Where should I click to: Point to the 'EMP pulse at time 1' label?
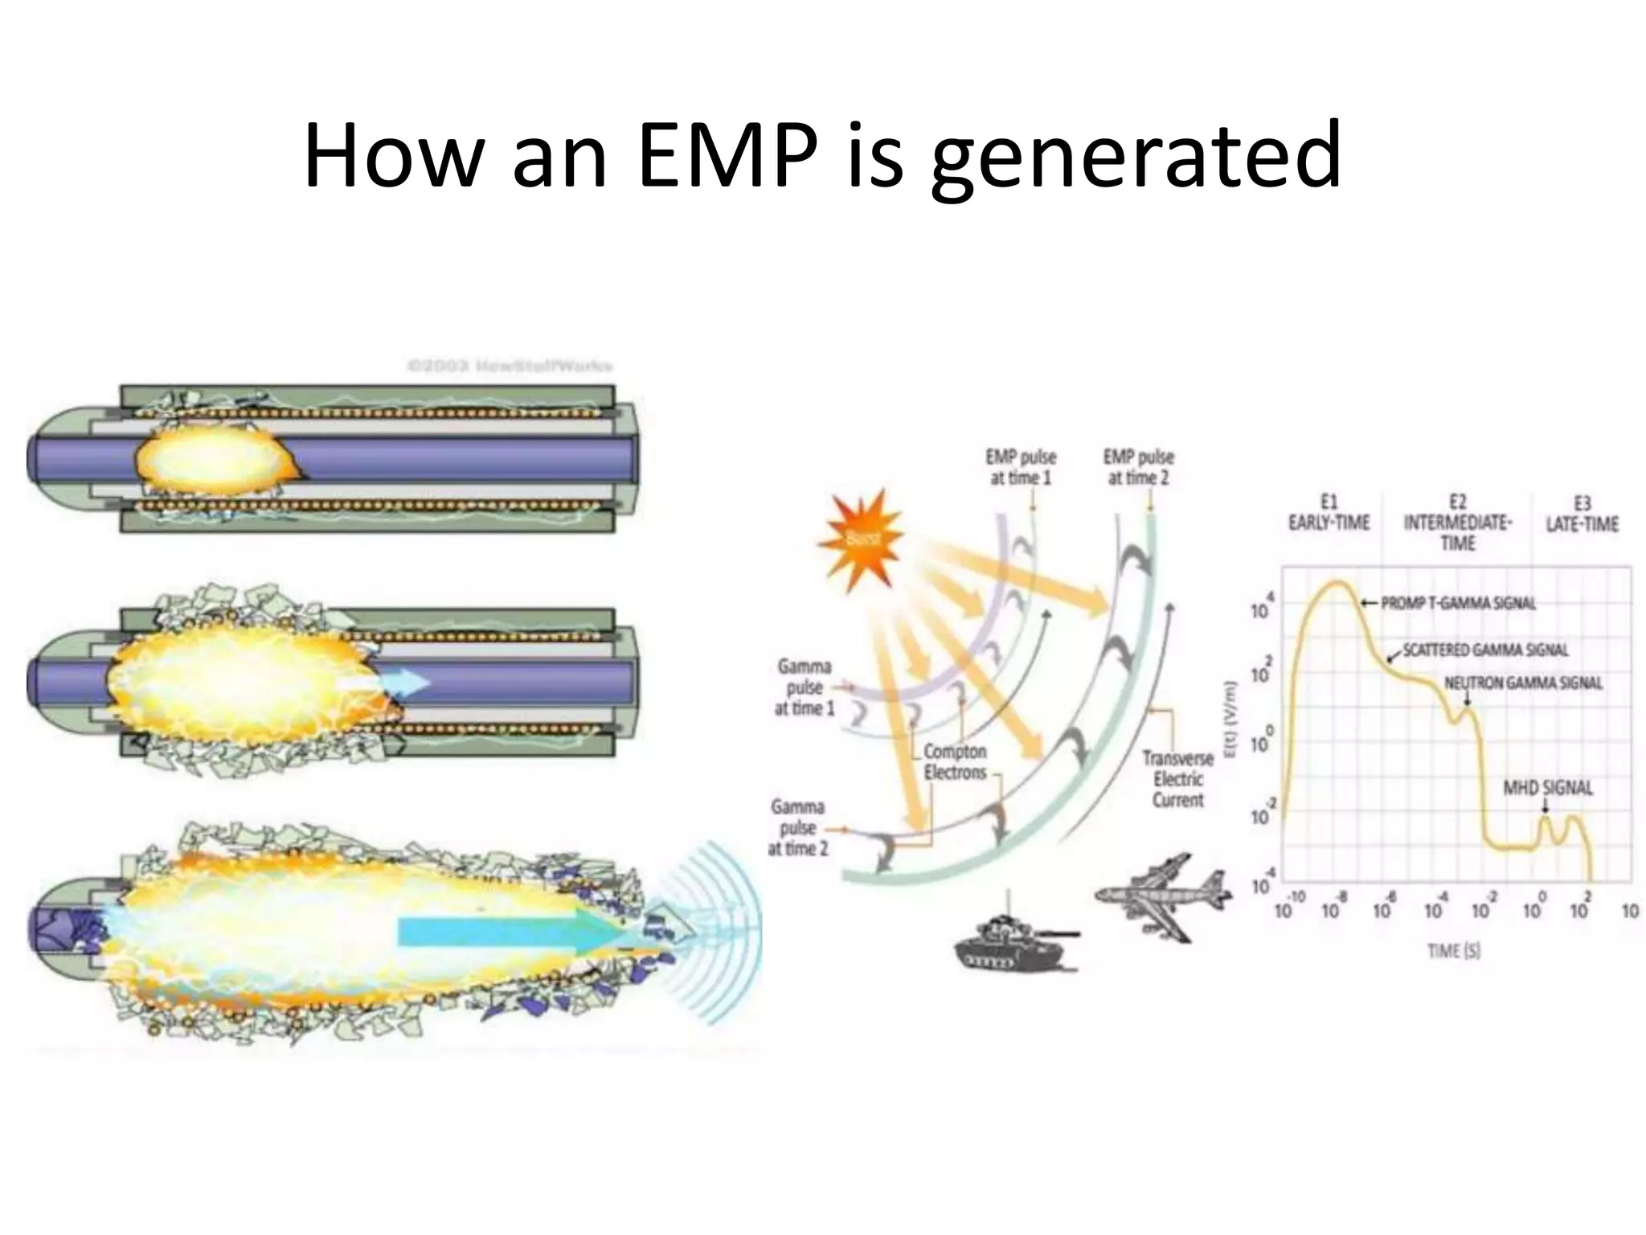click(1021, 467)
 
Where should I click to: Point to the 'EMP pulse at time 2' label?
click(1138, 467)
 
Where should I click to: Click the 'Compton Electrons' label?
click(954, 761)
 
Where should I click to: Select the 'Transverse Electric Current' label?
click(1177, 779)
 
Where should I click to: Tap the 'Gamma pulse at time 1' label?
click(804, 687)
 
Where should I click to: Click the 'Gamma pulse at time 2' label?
click(797, 827)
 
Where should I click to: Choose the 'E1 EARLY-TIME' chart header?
click(1329, 513)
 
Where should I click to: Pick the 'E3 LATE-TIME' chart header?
click(1581, 515)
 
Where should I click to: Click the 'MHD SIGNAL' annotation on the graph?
click(1547, 788)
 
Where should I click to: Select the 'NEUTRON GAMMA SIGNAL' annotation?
click(1523, 683)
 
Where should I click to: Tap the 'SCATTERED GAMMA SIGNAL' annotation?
click(1485, 650)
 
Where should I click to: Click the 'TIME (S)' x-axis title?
click(1454, 951)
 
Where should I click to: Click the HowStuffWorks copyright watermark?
click(510, 367)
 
